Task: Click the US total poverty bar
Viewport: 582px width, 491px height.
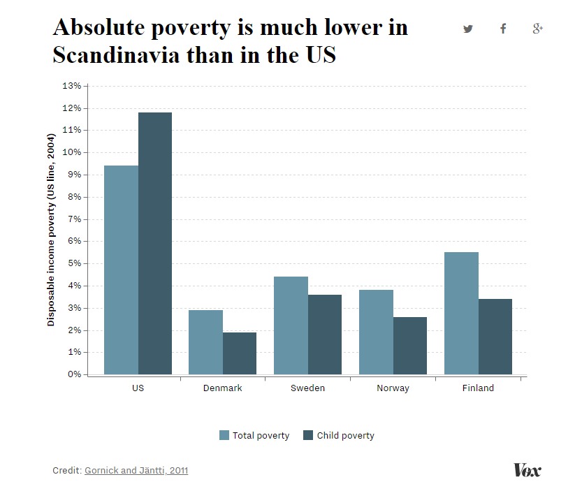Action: tap(121, 270)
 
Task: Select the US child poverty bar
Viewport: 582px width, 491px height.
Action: tap(155, 243)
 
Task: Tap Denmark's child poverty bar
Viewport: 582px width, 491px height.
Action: tap(240, 353)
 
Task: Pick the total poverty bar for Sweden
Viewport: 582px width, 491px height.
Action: tap(291, 325)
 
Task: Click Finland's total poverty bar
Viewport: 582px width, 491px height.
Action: tap(461, 313)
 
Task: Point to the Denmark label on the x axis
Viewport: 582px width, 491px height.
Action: tap(222, 388)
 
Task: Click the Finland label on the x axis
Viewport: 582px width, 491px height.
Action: tap(478, 388)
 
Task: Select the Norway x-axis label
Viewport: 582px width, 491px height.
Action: tap(393, 388)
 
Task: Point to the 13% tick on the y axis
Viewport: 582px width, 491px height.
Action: tap(72, 86)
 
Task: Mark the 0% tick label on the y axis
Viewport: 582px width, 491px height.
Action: tap(74, 374)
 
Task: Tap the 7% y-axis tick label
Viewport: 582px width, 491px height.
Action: tap(74, 219)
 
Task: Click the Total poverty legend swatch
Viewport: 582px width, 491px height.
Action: tap(224, 435)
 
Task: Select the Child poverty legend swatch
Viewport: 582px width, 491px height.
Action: tap(308, 435)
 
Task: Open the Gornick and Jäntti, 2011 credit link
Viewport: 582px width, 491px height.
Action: tap(136, 470)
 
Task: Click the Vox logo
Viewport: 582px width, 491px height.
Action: tap(527, 470)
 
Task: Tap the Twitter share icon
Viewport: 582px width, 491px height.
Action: tap(467, 29)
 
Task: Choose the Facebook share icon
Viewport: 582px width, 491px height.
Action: tap(502, 29)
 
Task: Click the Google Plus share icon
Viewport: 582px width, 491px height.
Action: tap(537, 29)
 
